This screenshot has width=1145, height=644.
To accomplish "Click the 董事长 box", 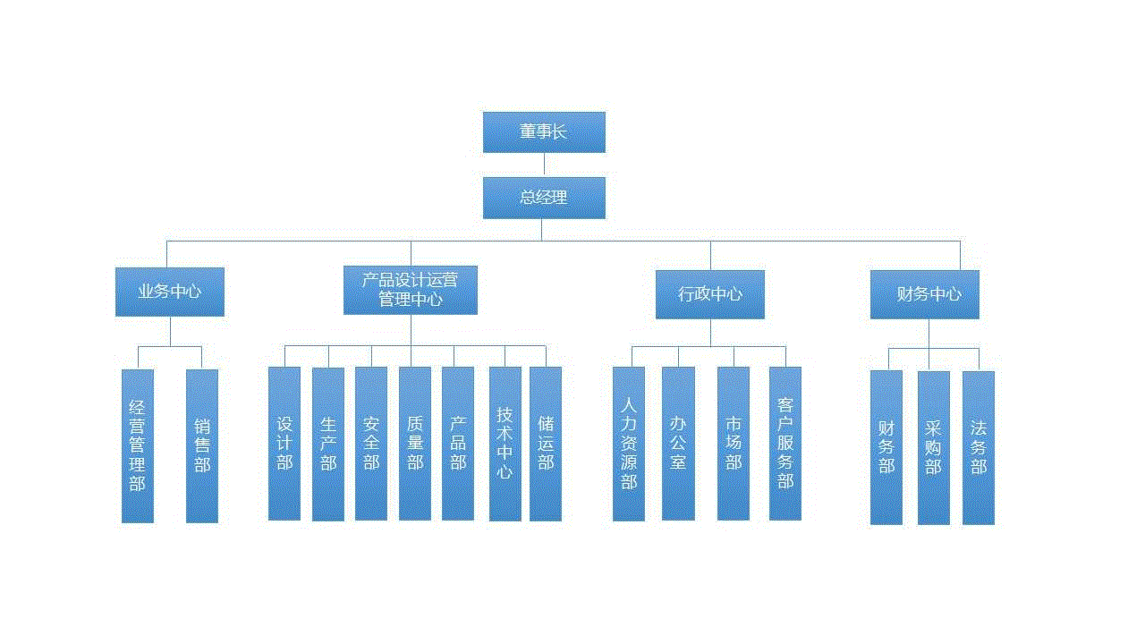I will pos(544,132).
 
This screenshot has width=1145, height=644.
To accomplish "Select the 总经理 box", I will pos(544,198).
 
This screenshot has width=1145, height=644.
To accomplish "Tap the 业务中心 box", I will pos(170,292).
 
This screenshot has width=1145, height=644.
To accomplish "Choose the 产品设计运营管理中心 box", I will pos(411,290).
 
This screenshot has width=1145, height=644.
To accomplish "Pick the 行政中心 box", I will pos(710,294).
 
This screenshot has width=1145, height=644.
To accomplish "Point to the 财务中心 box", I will pos(925,294).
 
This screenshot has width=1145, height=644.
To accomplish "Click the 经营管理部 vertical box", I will pos(138,445).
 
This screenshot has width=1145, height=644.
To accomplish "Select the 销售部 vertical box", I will pos(202,445).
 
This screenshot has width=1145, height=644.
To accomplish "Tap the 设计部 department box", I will pos(284,444).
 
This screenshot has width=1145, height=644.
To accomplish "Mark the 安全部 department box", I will pos(371,444).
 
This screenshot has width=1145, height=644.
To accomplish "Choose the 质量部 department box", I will pos(415,444).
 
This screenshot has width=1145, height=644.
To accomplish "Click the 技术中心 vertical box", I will pos(505,444).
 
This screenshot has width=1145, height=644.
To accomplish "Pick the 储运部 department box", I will pos(546,444).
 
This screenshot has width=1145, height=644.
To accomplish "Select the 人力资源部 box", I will pos(629,444).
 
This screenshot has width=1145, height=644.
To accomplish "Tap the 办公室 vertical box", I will pos(678,444).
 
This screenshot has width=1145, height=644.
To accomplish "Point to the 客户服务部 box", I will pos(785,444).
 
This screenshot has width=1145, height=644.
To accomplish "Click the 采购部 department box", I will pos(934,447).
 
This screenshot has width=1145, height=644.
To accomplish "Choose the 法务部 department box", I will pos(979,447).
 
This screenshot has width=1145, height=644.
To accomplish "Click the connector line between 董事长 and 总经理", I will pos(544,165).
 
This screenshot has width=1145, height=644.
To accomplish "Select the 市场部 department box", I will pos(734,444).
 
